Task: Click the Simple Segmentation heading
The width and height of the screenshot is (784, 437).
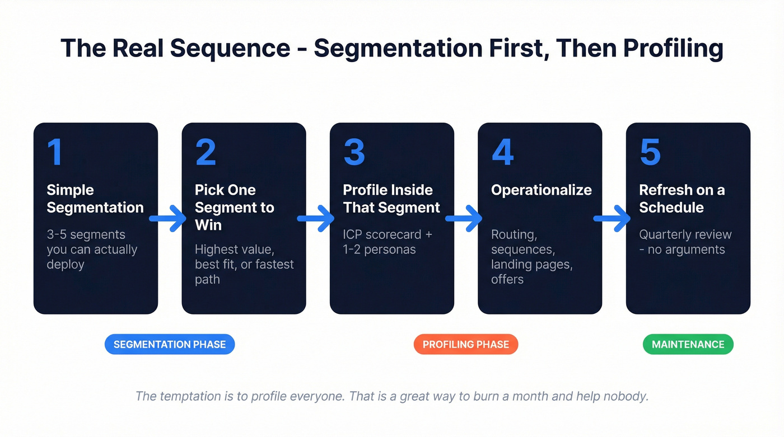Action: pos(95,199)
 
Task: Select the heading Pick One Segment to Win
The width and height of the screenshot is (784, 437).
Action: pos(234,207)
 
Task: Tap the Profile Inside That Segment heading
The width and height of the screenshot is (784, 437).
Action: pos(391,199)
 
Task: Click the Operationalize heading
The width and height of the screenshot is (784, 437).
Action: pos(541,190)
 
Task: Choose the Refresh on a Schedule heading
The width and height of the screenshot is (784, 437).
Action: pos(682,199)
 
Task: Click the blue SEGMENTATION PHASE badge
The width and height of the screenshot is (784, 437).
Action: pos(170,345)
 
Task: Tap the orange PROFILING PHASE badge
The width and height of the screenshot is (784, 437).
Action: pos(466,345)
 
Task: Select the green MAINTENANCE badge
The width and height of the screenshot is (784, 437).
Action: pos(688,345)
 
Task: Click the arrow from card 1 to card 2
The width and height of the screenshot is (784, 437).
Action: pos(169,218)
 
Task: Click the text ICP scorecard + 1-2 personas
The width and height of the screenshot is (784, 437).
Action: pos(388,242)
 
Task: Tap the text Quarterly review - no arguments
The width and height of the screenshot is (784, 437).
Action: pos(685,242)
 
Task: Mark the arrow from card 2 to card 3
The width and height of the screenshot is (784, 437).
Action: pos(317,218)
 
